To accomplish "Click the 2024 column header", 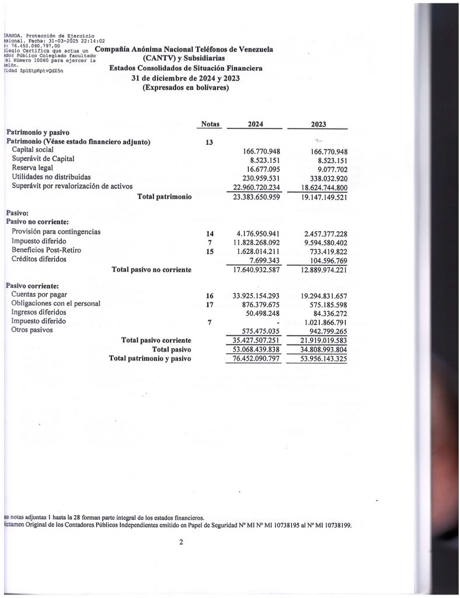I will click(256, 124).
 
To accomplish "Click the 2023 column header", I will click(319, 124).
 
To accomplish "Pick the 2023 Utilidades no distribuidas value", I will click(323, 178).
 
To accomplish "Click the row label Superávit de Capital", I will click(43, 159).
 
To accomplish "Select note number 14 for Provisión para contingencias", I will click(210, 234).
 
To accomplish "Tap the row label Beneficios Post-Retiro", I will click(46, 250).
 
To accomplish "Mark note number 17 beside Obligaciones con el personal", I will click(210, 304).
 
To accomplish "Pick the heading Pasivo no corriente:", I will click(37, 222).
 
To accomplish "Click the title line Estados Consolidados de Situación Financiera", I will click(186, 68).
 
